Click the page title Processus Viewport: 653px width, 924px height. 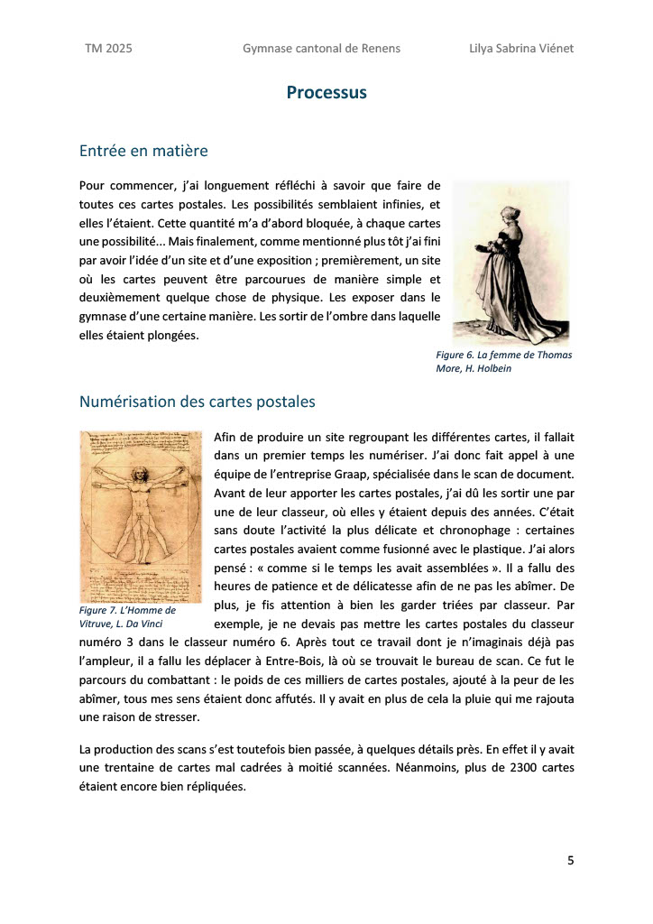[x=326, y=93]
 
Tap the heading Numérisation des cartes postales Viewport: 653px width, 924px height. [x=197, y=402]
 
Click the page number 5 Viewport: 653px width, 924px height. [x=570, y=860]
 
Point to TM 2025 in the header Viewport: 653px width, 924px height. [x=108, y=49]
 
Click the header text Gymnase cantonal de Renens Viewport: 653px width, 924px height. [x=321, y=49]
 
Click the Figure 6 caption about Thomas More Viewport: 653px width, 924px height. [x=503, y=362]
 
